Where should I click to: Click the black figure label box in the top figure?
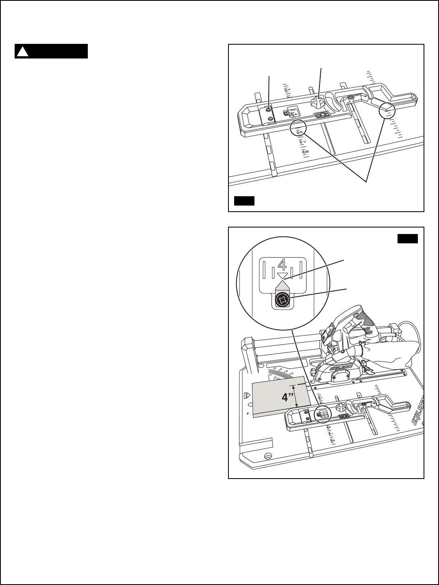coord(244,201)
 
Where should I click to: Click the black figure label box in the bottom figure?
coord(407,238)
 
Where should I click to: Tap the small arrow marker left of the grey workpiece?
coord(246,394)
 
